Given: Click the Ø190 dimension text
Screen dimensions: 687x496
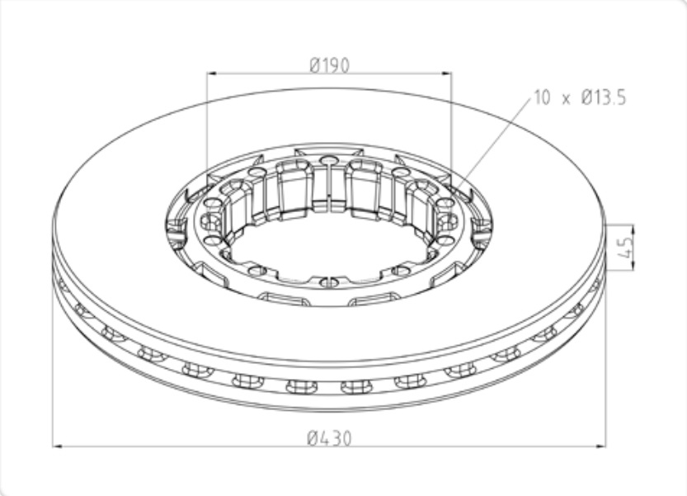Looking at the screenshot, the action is click(330, 66).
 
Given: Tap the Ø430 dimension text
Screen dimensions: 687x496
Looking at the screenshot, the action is click(330, 438).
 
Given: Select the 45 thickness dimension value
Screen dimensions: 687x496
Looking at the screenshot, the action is click(627, 247).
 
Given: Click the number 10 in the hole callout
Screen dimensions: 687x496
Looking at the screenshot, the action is click(542, 97).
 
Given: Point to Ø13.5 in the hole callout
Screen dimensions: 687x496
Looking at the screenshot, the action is click(605, 97).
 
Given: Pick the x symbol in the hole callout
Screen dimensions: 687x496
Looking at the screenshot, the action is click(566, 100).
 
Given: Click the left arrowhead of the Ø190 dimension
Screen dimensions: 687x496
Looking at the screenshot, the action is click(212, 73).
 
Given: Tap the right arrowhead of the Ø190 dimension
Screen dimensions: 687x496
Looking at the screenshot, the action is click(445, 73).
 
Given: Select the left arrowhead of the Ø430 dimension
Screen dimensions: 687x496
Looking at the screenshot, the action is click(59, 446).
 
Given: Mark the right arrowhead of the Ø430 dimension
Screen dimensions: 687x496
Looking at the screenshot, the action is click(600, 446).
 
